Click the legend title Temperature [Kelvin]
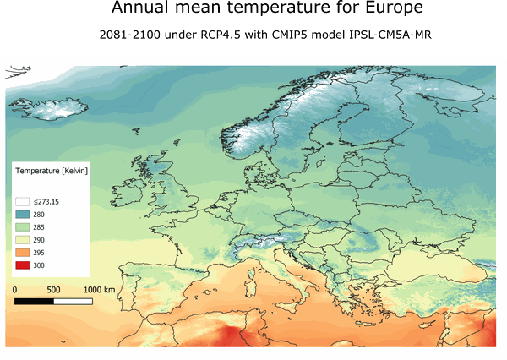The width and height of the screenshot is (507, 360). coord(52,172)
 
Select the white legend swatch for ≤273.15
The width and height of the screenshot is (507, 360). coord(23,202)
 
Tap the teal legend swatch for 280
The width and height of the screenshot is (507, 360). coord(23,215)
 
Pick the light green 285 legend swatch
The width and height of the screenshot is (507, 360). coord(23,227)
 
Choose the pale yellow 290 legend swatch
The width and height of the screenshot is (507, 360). coord(23,240)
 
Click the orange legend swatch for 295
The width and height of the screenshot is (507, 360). coord(23,253)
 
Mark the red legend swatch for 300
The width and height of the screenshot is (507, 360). coord(23,265)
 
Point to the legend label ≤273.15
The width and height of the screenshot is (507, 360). coord(46,202)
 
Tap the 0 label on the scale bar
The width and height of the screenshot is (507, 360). coord(14,290)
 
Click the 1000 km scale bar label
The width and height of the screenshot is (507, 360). coord(99,290)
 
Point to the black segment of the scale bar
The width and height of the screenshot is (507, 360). coord(34,301)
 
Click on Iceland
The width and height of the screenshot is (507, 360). coord(42,108)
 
